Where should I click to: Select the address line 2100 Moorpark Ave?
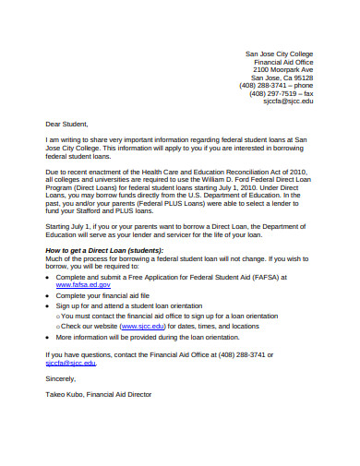point(283,69)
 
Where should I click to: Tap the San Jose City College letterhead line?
point(279,54)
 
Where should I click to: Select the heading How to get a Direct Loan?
point(99,250)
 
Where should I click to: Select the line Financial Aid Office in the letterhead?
point(283,61)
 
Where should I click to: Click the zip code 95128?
point(302,78)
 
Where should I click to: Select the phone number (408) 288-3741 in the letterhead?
point(269,86)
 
